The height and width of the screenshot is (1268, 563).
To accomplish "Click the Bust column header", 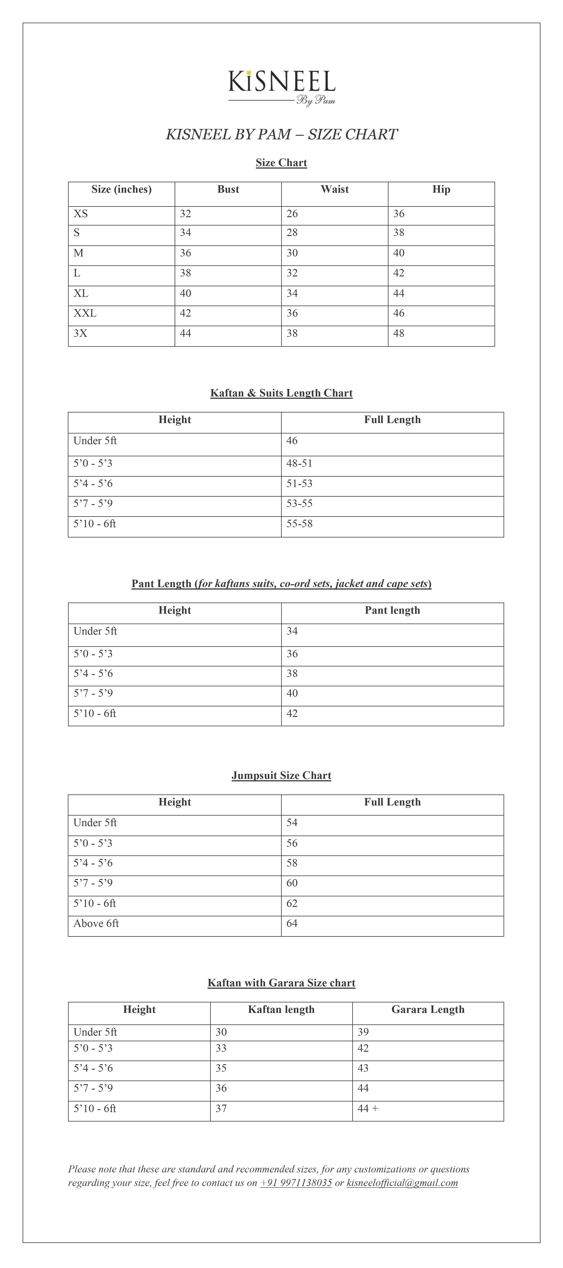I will click(x=228, y=190).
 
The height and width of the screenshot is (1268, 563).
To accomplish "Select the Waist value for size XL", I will click(x=292, y=293).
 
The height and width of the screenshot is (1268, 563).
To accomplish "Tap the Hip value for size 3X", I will click(x=399, y=333).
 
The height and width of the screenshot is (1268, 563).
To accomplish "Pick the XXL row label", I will click(x=85, y=313).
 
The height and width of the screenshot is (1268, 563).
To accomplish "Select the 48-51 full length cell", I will click(x=299, y=463).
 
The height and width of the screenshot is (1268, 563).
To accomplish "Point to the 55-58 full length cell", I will click(x=299, y=524).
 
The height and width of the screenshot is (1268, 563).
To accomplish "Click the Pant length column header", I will click(x=392, y=610).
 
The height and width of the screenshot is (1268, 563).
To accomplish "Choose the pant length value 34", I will click(x=292, y=631).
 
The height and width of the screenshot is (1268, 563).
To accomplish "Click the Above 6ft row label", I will click(x=96, y=923).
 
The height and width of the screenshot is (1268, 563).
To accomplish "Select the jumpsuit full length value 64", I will click(x=292, y=923).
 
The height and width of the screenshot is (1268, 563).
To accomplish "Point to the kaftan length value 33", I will click(x=221, y=1048).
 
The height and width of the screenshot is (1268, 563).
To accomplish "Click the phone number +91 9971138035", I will click(x=296, y=1183).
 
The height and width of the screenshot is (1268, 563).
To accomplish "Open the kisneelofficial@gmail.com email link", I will click(x=402, y=1183).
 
